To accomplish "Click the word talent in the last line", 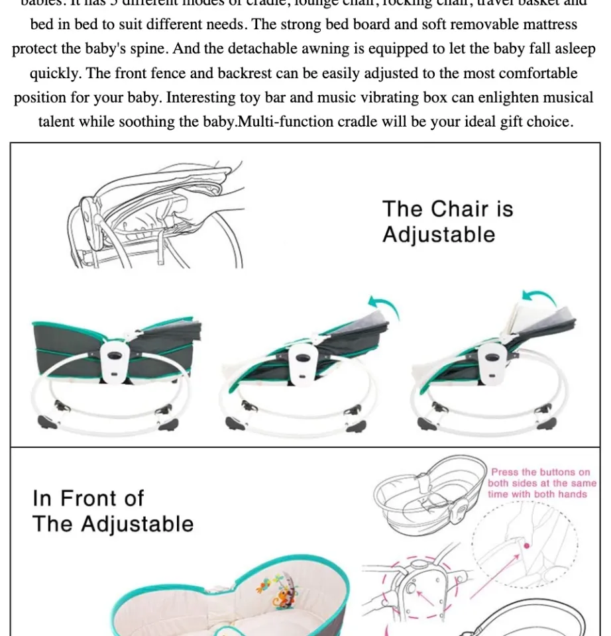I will click(60, 123).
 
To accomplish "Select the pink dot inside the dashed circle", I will click(527, 545).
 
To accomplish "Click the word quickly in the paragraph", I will click(56, 74).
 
